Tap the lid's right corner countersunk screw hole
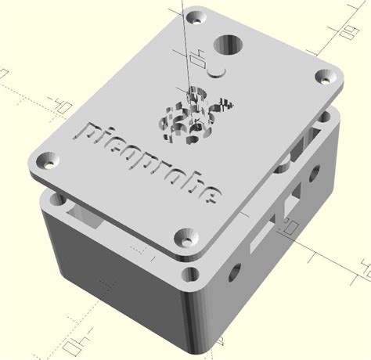(x=325, y=77)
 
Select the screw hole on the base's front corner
(x=190, y=273)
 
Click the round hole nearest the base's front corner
(x=232, y=273)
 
